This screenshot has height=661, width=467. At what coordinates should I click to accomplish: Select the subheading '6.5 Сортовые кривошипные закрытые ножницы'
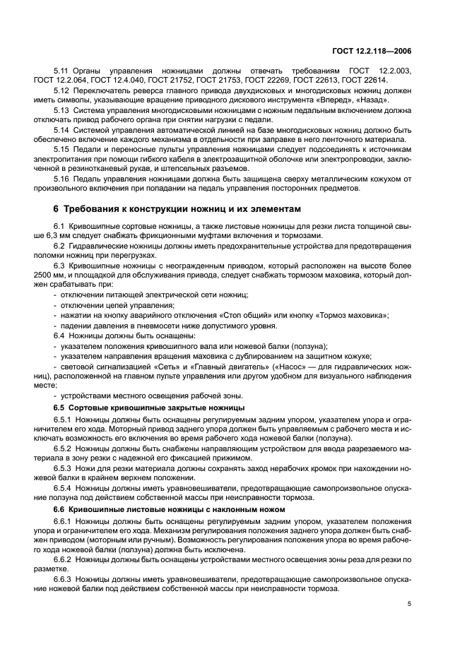tap(149, 409)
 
